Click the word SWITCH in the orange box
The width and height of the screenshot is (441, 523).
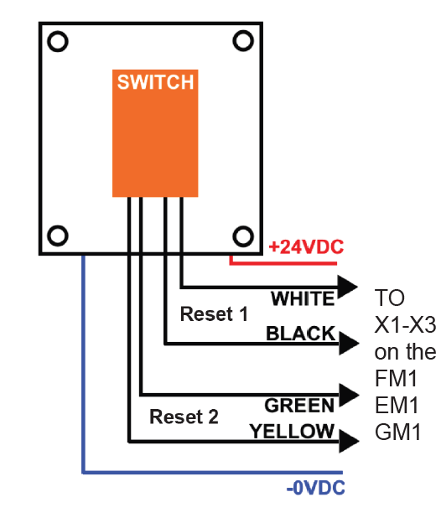[155, 82]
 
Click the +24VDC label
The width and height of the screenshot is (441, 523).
[306, 247]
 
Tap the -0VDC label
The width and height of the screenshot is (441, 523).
[315, 488]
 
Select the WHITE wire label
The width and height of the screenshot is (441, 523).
[303, 298]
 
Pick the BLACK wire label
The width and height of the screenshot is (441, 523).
[300, 334]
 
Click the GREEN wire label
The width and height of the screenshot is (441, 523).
[299, 406]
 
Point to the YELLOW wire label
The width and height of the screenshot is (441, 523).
[292, 432]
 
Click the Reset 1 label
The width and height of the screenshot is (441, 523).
[214, 314]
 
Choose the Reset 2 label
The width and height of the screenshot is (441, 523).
[184, 417]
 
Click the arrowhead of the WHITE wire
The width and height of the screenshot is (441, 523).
[347, 287]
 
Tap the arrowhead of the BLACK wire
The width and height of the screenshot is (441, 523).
[349, 344]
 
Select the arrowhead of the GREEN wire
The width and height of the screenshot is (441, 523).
[349, 396]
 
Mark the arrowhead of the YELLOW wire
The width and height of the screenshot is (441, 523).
[349, 441]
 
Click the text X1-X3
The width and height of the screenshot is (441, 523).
[405, 324]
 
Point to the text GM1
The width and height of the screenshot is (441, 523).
[397, 432]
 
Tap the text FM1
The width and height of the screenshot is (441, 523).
[397, 378]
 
